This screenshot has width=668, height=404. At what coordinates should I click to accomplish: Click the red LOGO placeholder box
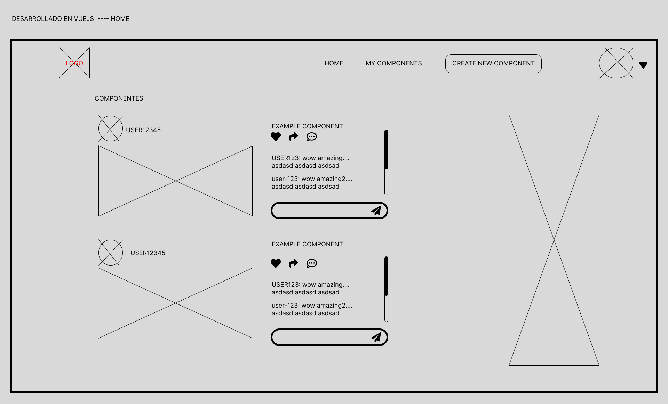click(x=74, y=63)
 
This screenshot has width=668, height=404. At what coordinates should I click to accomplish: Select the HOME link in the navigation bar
click(x=334, y=63)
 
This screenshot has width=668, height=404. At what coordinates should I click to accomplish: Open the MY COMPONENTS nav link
click(x=393, y=63)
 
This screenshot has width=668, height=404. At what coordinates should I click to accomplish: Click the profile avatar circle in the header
click(x=616, y=63)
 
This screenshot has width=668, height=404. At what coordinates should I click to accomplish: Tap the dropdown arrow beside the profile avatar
click(x=643, y=65)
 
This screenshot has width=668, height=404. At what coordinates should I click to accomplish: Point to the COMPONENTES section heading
click(x=119, y=98)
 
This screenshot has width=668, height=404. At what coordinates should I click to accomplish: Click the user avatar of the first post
click(x=111, y=128)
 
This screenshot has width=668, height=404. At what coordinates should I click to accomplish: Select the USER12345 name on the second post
click(x=148, y=253)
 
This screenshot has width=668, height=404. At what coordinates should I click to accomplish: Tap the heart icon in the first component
click(x=276, y=137)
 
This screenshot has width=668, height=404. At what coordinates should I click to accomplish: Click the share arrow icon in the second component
click(x=294, y=263)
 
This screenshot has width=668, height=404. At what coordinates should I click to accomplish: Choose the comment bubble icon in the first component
click(x=312, y=137)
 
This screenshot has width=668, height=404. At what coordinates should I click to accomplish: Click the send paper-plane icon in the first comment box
click(x=376, y=211)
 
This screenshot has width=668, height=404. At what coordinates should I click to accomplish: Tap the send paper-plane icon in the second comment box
click(x=376, y=337)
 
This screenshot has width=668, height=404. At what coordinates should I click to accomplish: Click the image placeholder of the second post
click(x=175, y=303)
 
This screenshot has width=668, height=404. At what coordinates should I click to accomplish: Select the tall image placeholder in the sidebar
click(x=554, y=240)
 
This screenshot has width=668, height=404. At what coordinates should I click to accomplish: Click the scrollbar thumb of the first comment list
click(x=386, y=149)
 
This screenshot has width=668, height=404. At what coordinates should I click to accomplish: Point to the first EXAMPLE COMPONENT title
click(x=307, y=126)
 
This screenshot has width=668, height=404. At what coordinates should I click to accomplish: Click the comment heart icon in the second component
click(x=276, y=263)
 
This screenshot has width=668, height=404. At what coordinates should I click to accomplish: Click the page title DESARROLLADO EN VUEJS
click(x=53, y=19)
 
